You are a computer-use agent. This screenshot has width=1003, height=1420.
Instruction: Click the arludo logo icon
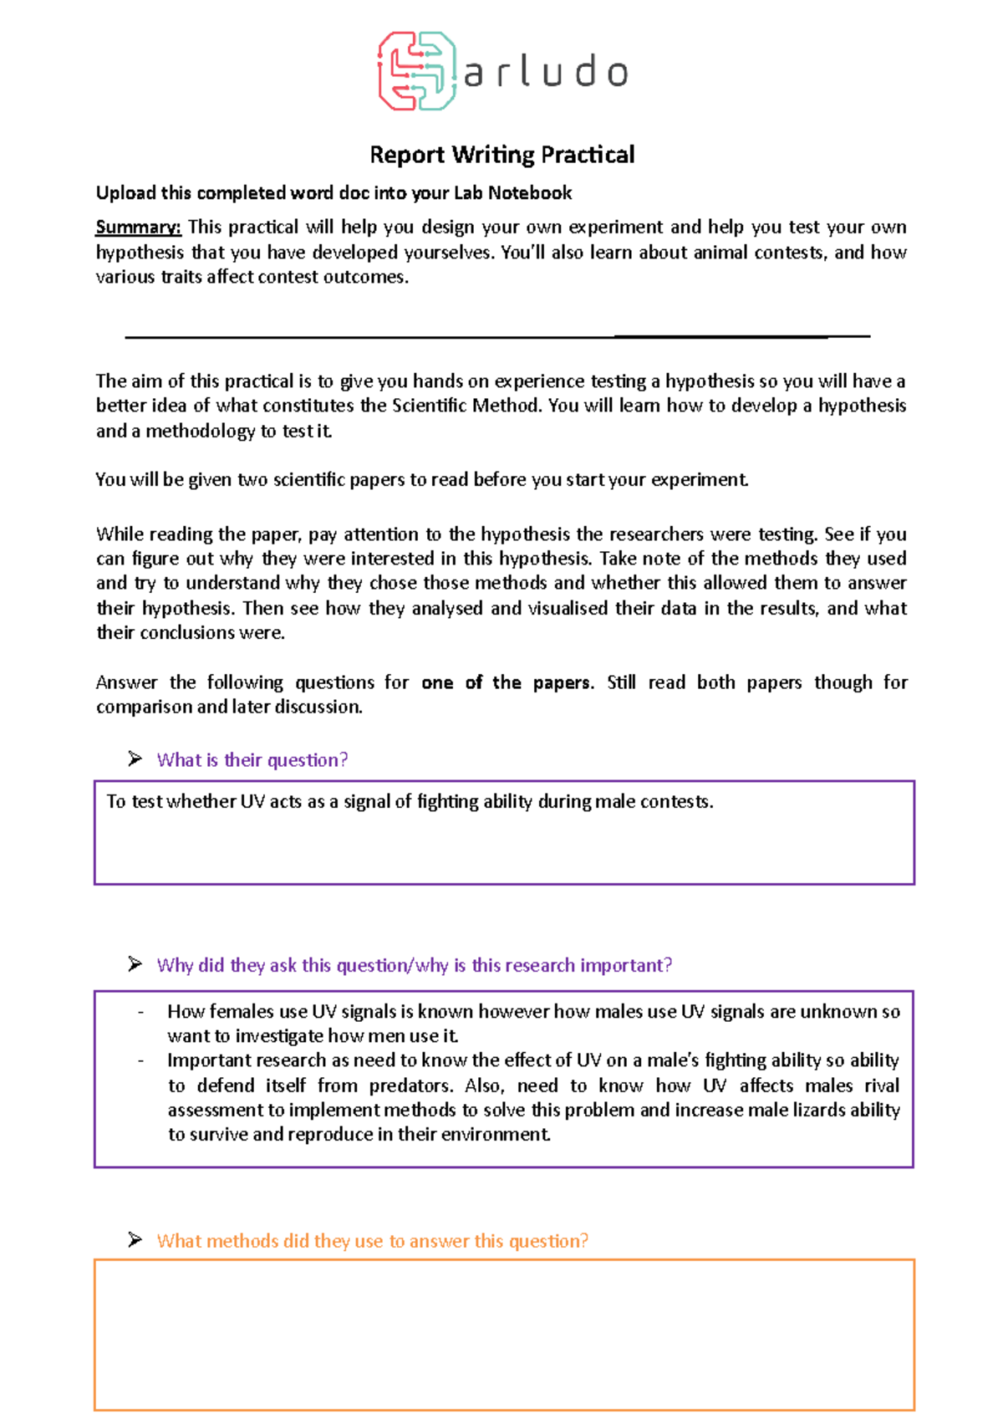pos(416,71)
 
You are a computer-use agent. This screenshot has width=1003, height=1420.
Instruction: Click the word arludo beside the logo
pos(545,73)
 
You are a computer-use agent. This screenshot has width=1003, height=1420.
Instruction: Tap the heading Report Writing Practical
pos(501,155)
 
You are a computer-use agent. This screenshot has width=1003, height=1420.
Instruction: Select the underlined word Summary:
pos(138,227)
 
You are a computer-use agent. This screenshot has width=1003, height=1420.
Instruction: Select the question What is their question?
pos(252,760)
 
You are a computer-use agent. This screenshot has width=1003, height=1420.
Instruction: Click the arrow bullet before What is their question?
pos(135,759)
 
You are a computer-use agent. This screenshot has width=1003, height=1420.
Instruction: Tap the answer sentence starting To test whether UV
pos(410,802)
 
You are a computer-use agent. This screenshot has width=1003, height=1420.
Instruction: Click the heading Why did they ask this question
pos(414,966)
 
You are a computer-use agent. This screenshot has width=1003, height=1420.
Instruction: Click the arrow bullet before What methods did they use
pos(135,1240)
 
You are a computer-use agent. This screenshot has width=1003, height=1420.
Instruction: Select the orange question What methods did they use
pos(372,1241)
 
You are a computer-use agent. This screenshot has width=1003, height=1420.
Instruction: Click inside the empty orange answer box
pos(504,1334)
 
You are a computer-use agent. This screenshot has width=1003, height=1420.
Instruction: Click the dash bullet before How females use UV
pos(140,1012)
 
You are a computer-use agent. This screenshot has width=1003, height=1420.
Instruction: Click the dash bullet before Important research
pos(140,1061)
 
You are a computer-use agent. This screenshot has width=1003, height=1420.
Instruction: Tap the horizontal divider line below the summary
pos(497,337)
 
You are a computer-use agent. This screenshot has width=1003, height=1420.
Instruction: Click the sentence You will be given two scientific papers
pos(421,480)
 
